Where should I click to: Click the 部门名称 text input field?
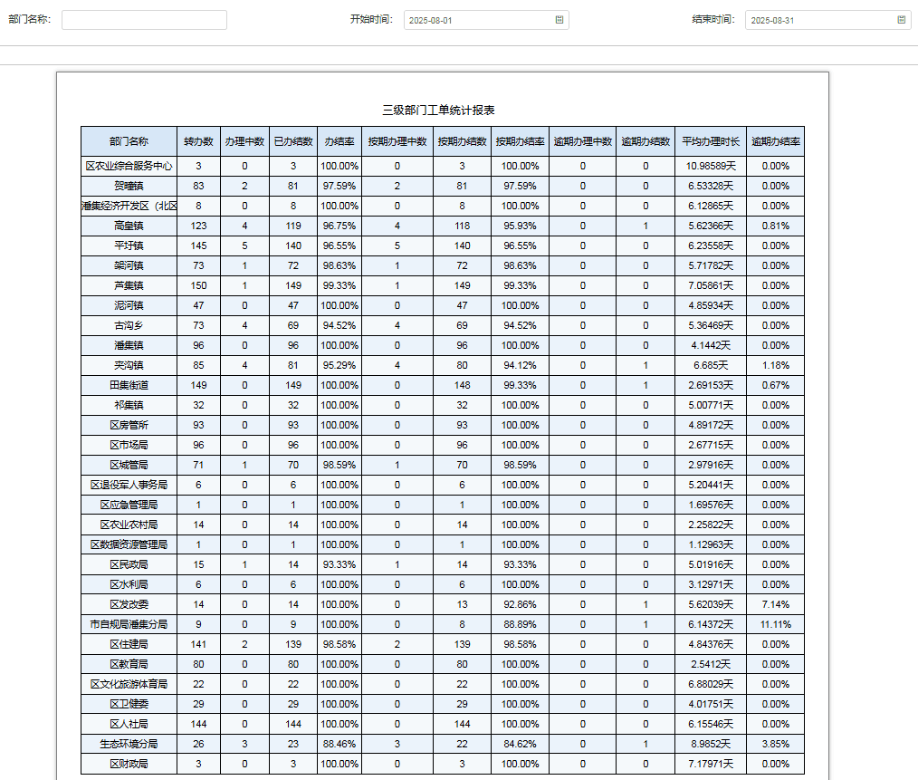coord(144,20)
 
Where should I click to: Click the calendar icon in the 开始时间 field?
coord(559,19)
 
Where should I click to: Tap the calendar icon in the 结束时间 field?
coord(901,19)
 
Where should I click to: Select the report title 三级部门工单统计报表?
coord(438,110)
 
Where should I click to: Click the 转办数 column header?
coord(198,141)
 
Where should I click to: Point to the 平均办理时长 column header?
coord(710,141)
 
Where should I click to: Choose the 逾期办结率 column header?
coord(775,141)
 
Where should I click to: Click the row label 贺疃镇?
coord(129,186)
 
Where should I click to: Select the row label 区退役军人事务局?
coord(129,485)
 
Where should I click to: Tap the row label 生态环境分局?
coord(129,744)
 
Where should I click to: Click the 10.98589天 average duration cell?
coord(710,166)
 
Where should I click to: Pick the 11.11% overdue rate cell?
coord(775,624)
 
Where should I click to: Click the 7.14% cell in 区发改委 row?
coord(775,604)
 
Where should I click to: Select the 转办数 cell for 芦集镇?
coord(198,285)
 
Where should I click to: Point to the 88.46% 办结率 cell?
coord(339,744)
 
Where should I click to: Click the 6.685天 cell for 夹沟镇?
coord(710,365)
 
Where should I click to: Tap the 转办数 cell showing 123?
coord(198,226)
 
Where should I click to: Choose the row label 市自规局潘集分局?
coord(129,624)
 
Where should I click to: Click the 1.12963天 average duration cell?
coord(710,544)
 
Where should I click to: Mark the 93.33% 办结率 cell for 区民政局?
coord(339,564)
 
